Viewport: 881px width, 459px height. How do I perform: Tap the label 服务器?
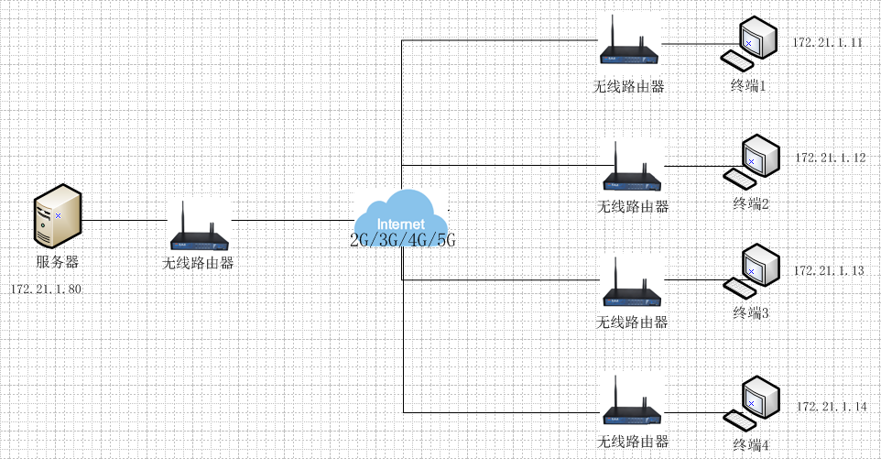click(x=58, y=262)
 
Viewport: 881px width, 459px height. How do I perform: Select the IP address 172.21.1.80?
click(x=46, y=290)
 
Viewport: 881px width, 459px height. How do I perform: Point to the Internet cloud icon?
click(x=402, y=215)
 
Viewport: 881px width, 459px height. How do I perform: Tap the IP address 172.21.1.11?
click(x=827, y=43)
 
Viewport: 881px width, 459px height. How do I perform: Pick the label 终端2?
click(x=751, y=203)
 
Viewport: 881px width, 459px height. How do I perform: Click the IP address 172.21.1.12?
click(x=830, y=158)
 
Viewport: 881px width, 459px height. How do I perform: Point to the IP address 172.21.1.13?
click(x=828, y=271)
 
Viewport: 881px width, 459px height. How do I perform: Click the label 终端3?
click(x=751, y=313)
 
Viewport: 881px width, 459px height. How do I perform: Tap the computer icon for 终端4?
click(x=752, y=403)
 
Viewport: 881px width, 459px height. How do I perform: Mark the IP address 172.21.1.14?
click(x=831, y=406)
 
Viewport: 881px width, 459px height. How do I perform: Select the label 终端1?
click(x=747, y=85)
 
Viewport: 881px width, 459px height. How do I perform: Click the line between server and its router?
click(x=126, y=221)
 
